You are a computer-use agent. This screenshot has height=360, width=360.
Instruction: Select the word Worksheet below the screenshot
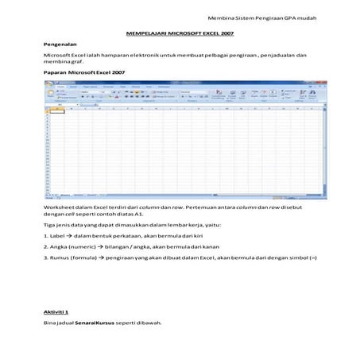click(x=57, y=205)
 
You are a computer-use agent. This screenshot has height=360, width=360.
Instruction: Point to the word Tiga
click(x=49, y=225)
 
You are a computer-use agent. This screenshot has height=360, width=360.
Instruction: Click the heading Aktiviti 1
click(x=56, y=312)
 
